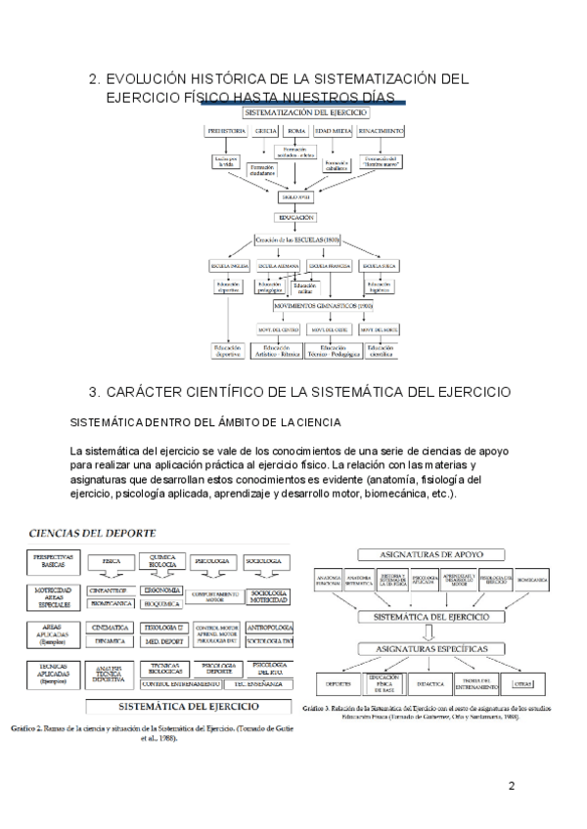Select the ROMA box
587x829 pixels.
297,130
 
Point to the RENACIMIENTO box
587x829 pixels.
383,130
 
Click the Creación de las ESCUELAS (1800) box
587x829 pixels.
297,240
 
